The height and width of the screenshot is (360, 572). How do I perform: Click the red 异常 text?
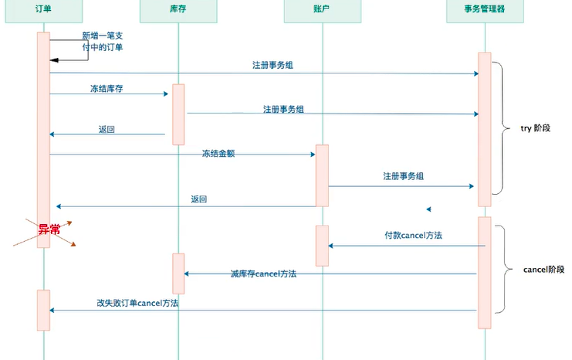click(x=49, y=229)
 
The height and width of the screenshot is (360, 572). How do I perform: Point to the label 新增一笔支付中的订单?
click(x=102, y=42)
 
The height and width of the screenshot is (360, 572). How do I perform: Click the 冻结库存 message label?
click(x=107, y=89)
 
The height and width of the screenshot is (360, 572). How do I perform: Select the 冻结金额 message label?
click(x=218, y=154)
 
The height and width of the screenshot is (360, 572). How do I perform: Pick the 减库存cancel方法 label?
click(x=263, y=273)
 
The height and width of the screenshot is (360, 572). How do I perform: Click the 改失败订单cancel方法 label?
click(x=137, y=304)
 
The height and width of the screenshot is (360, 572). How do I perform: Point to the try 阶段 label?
click(x=536, y=128)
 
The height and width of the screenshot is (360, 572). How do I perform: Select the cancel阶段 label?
click(x=544, y=270)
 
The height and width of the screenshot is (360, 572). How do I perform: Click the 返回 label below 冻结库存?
click(x=107, y=129)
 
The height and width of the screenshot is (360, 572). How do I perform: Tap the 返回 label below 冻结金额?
click(x=199, y=199)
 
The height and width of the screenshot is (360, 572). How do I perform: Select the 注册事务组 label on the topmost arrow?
click(x=272, y=65)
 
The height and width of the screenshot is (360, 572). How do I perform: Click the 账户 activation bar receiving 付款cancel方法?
click(x=322, y=246)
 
